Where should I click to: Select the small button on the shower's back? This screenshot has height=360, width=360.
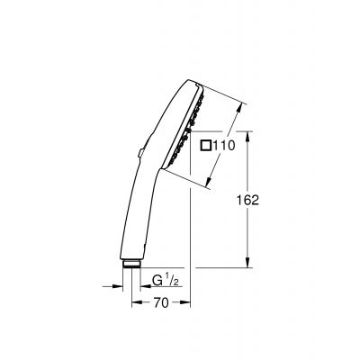(x=140, y=154)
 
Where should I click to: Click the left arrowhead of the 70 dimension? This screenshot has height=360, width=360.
(x=136, y=302)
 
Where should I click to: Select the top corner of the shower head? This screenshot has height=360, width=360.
(x=193, y=82)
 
